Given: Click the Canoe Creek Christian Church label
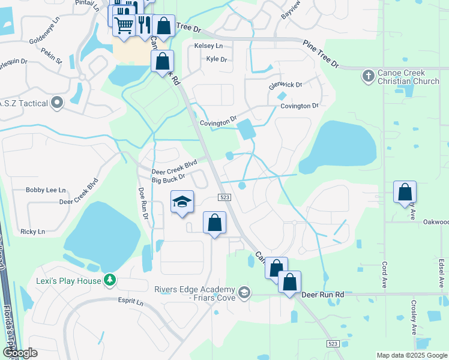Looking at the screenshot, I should [409, 77].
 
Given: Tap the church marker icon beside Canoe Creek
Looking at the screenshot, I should [368, 76].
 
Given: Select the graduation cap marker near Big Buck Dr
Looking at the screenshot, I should [182, 202].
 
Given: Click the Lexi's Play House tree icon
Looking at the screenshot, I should [109, 280].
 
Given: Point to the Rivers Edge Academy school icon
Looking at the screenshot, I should [244, 293].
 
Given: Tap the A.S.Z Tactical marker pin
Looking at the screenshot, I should [57, 103].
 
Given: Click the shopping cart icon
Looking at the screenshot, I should [124, 25].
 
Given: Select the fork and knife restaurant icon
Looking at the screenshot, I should [143, 25].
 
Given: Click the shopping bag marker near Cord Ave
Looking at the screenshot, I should [405, 193].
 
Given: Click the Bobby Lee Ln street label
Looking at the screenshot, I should [46, 190].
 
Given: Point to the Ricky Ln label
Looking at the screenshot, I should [32, 232].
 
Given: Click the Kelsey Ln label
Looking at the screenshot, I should [208, 46].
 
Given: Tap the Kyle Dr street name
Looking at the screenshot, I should [216, 59].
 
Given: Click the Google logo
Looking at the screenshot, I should [20, 353].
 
